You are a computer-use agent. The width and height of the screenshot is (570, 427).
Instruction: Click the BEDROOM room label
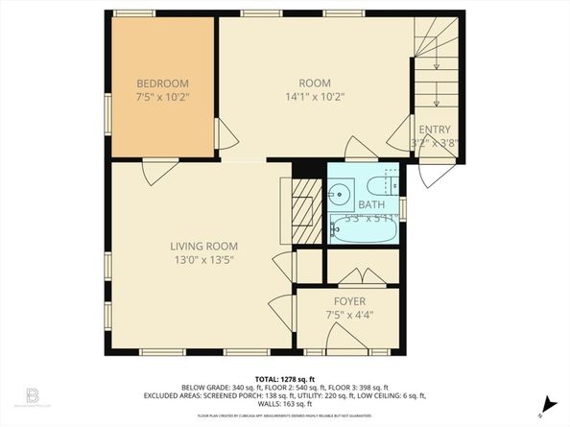pyautogui.click(x=161, y=83)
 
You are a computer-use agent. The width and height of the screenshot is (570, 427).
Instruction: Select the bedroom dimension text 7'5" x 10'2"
pyautogui.click(x=161, y=97)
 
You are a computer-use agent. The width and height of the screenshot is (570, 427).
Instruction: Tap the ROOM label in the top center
pyautogui.click(x=314, y=83)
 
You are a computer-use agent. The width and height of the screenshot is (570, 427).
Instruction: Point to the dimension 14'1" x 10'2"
pyautogui.click(x=314, y=96)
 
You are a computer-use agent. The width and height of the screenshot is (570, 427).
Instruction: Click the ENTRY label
pyautogui.click(x=433, y=130)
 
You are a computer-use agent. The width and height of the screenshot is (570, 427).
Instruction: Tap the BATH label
pyautogui.click(x=370, y=204)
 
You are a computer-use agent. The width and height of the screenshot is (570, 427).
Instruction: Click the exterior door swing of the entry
pyautogui.click(x=434, y=173)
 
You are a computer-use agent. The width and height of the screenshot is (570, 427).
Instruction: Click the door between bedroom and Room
pyautogui.click(x=226, y=135)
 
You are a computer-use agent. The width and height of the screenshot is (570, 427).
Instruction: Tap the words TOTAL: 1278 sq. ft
pyautogui.click(x=284, y=379)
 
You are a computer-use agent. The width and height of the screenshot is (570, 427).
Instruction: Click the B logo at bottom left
pyautogui.click(x=31, y=398)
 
